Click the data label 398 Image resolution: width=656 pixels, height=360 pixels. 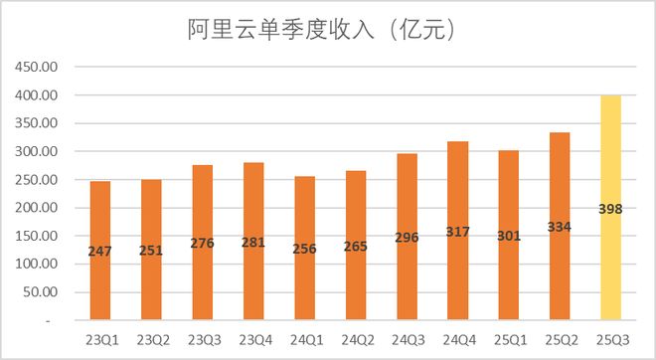pos(610,209)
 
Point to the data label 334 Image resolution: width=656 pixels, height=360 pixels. pos(559,226)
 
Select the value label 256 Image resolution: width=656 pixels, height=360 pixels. pos(304,250)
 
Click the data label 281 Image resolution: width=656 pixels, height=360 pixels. pos(253,243)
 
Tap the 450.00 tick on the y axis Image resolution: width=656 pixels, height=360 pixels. pos(35,68)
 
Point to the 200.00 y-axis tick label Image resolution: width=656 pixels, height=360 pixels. pos(35,209)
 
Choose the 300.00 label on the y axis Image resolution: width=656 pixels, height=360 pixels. pos(35,152)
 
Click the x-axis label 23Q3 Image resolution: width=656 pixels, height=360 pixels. pos(202,341)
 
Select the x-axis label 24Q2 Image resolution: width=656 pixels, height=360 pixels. pos(355,341)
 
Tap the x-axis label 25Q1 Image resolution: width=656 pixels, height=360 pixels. pos(508,341)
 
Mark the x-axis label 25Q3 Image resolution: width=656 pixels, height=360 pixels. pos(610,341)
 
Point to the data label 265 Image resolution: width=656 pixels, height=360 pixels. pos(355,247)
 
